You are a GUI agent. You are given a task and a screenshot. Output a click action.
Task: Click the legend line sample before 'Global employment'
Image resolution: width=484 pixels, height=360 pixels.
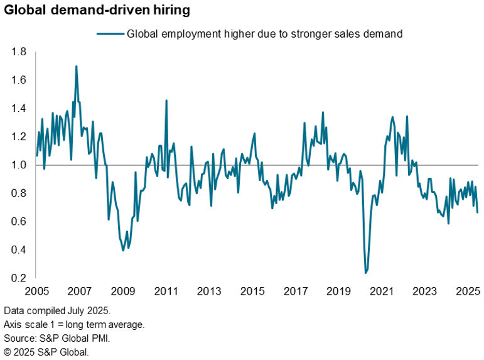tap(110, 34)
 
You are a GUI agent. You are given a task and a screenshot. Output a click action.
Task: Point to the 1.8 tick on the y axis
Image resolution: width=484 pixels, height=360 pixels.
tap(19, 52)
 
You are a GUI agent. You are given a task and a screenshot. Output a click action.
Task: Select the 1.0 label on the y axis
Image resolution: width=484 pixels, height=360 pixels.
tap(19, 165)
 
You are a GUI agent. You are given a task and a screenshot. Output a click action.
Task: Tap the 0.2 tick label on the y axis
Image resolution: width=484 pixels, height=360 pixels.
tap(19, 278)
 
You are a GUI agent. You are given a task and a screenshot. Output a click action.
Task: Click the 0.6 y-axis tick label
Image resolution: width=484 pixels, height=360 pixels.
tap(19, 222)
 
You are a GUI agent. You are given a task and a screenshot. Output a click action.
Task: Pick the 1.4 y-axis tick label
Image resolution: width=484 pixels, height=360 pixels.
tap(19, 109)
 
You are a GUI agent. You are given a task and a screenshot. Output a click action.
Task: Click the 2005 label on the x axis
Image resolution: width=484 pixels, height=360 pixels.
tap(36, 292)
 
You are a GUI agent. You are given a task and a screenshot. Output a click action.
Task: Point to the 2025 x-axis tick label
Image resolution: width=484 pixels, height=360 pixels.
tap(468, 292)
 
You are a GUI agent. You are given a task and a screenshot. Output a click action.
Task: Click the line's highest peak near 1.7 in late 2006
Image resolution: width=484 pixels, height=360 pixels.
tap(77, 66)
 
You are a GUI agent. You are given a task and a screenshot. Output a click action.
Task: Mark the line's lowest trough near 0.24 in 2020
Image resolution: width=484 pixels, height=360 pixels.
tap(366, 273)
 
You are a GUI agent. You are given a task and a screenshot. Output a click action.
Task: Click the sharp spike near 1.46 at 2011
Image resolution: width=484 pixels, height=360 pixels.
tap(166, 101)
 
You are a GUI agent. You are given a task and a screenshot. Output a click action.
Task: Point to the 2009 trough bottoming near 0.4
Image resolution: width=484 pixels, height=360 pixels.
tap(123, 250)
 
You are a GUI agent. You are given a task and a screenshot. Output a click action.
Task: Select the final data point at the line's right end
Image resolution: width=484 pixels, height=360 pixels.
tap(478, 212)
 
